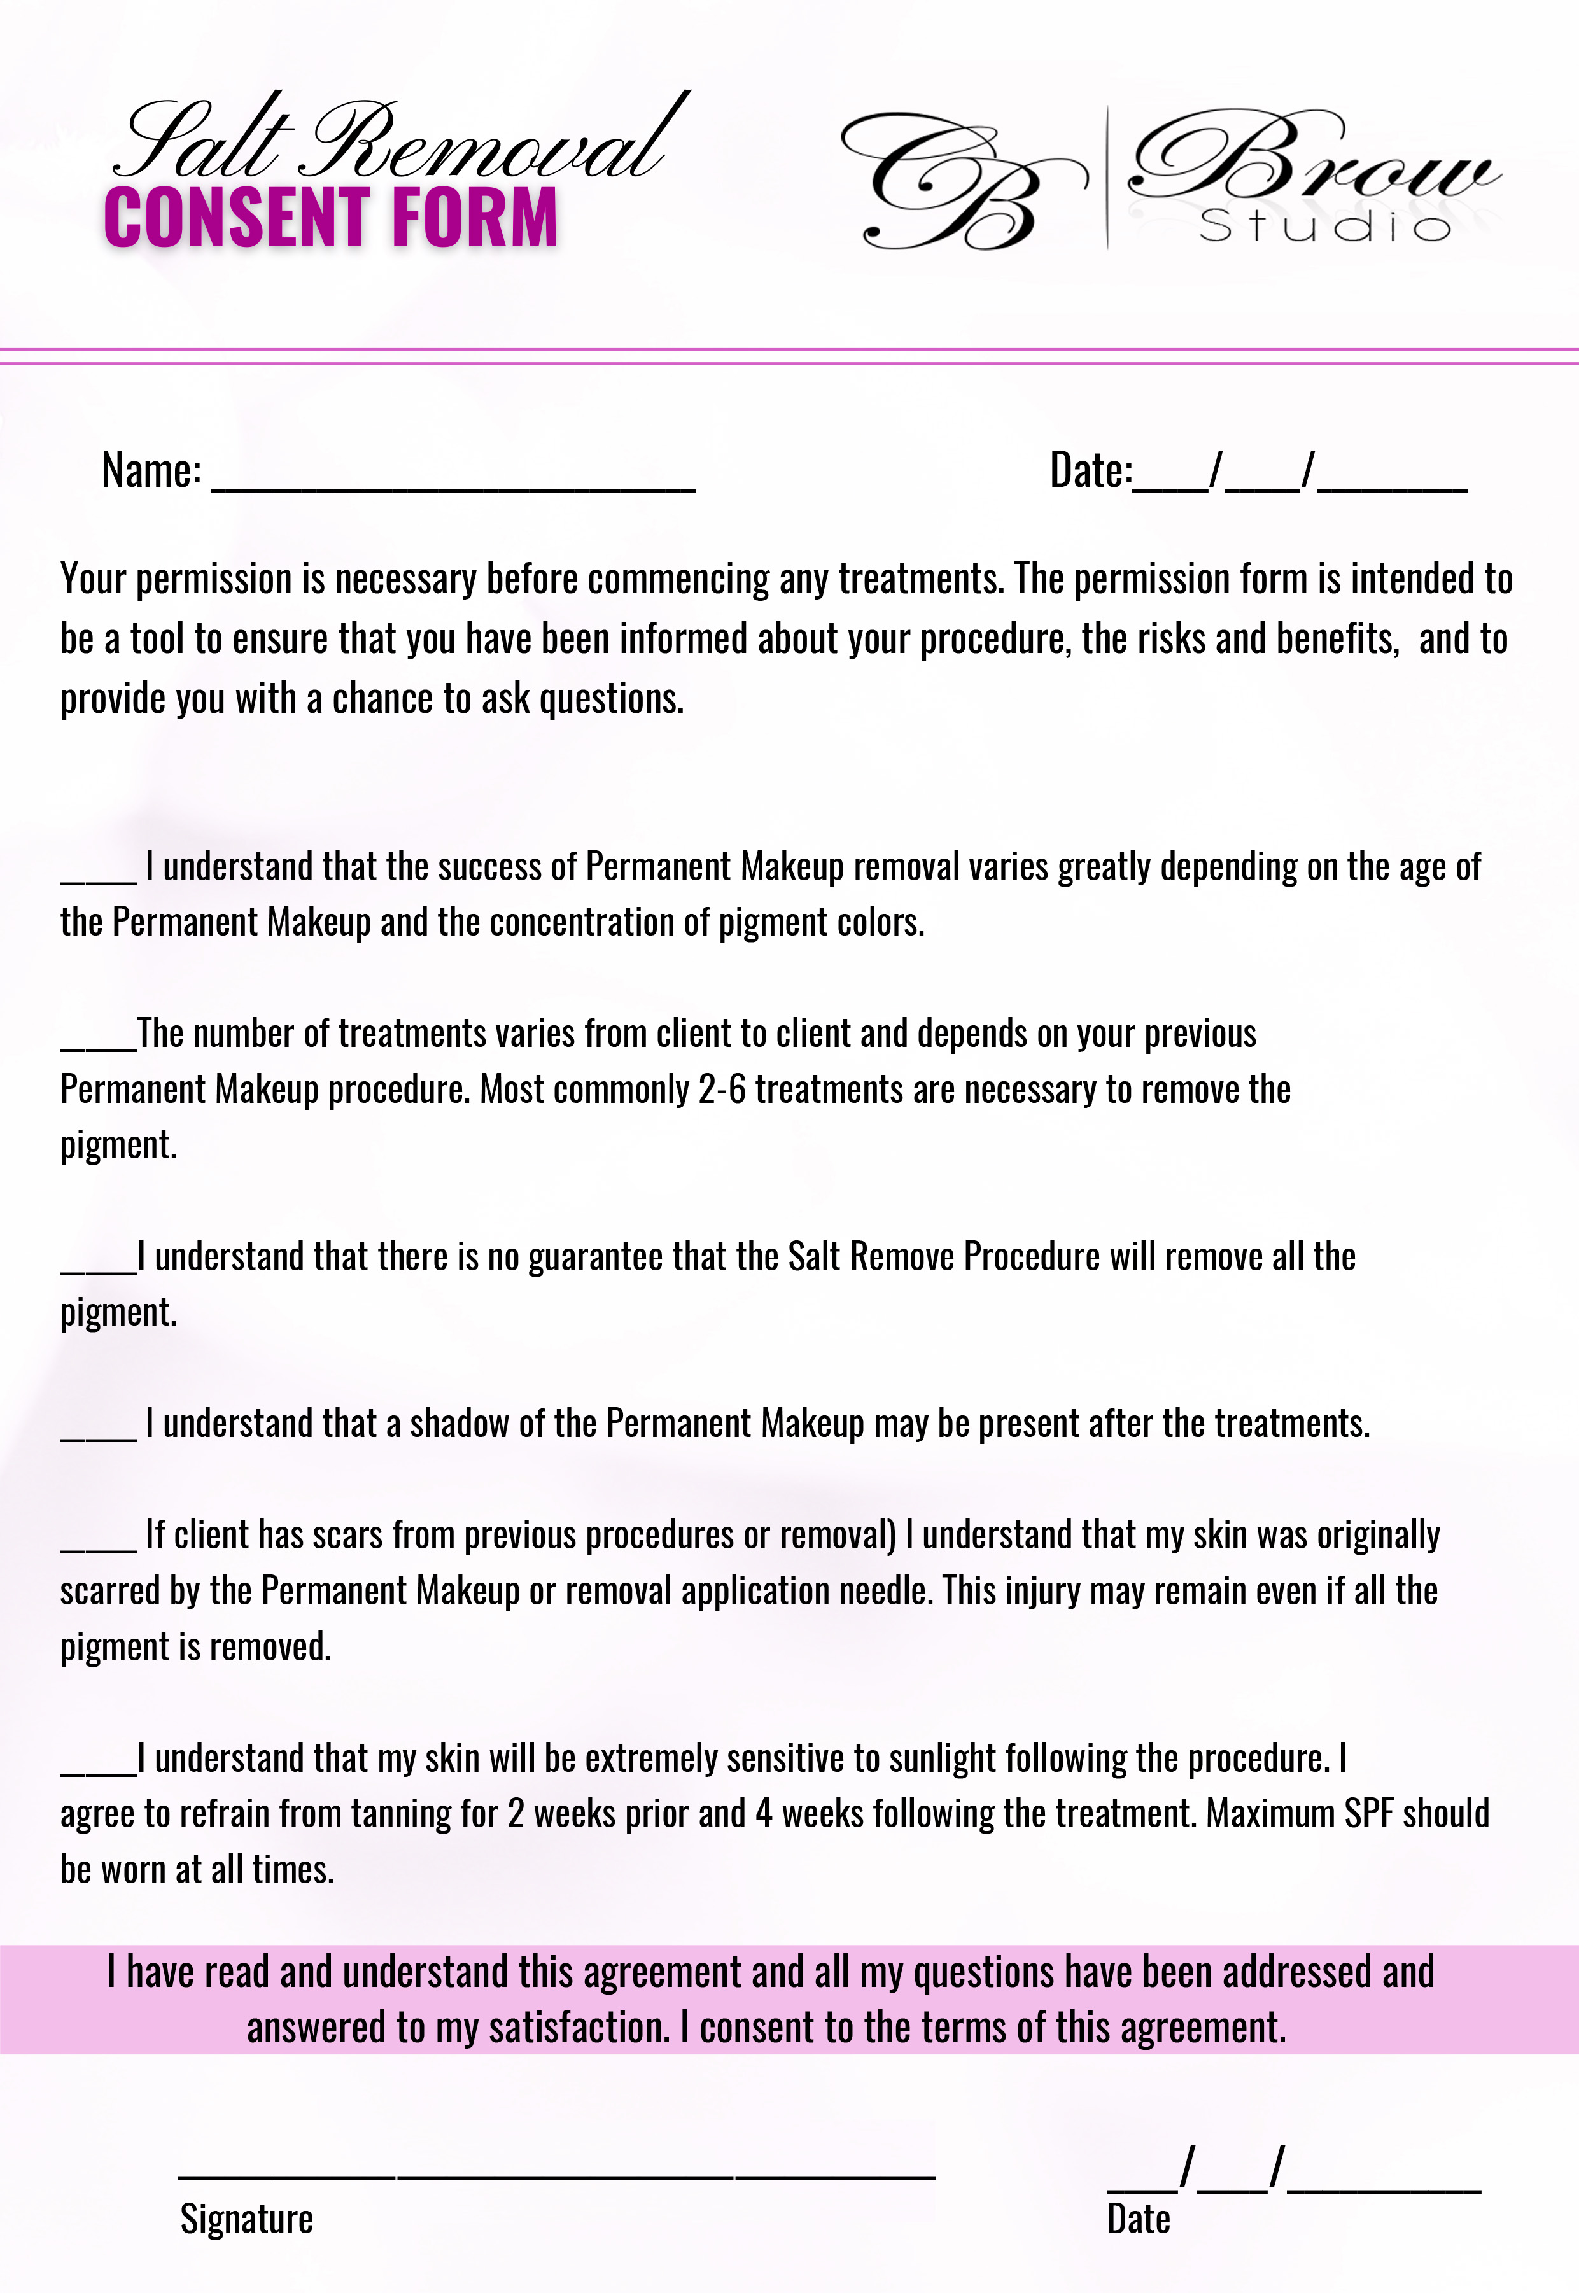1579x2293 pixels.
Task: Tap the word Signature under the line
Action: [x=246, y=2219]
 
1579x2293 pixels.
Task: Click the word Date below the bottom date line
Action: [x=1138, y=2219]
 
